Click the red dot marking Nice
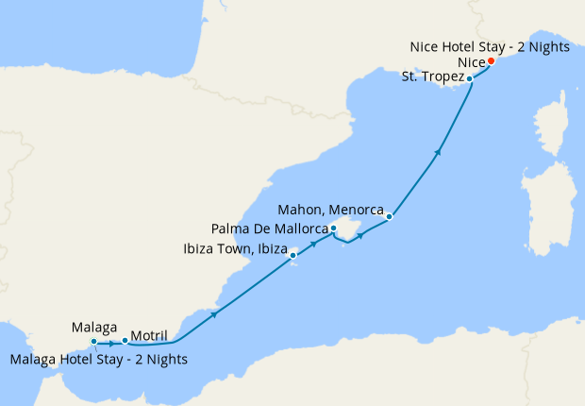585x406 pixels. tap(491, 62)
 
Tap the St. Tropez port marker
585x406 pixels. tap(470, 78)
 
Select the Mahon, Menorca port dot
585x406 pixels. tap(389, 216)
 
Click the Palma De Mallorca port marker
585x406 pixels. tap(333, 228)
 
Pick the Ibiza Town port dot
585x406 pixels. tap(293, 254)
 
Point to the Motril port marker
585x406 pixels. tap(125, 340)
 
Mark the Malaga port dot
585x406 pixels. tap(93, 341)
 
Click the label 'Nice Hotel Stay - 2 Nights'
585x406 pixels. tap(490, 47)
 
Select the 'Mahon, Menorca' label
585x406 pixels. tap(331, 209)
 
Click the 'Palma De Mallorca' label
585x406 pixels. tap(269, 228)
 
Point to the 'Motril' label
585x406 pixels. tap(151, 336)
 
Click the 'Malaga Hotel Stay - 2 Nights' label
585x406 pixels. tap(98, 359)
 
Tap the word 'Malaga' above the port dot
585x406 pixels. tap(94, 327)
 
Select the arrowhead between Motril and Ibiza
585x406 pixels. tap(216, 313)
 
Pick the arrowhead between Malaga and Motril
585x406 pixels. tap(111, 342)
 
